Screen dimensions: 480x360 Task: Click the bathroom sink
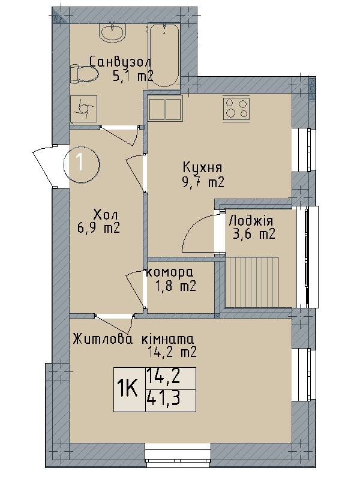[112, 32]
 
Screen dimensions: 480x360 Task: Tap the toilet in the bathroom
[83, 74]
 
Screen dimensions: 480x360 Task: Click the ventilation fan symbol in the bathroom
[83, 109]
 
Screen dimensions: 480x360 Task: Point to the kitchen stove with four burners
[236, 108]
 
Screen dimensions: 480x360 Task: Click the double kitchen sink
[164, 109]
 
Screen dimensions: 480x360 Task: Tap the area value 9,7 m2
[203, 182]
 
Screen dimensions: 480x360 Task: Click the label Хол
[106, 214]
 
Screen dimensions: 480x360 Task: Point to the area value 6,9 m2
[98, 227]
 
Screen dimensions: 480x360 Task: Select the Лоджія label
[251, 220]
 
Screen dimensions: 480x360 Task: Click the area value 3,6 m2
[253, 234]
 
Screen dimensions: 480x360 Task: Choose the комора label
[170, 274]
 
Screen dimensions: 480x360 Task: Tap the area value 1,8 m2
[175, 287]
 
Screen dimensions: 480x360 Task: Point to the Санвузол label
[120, 62]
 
